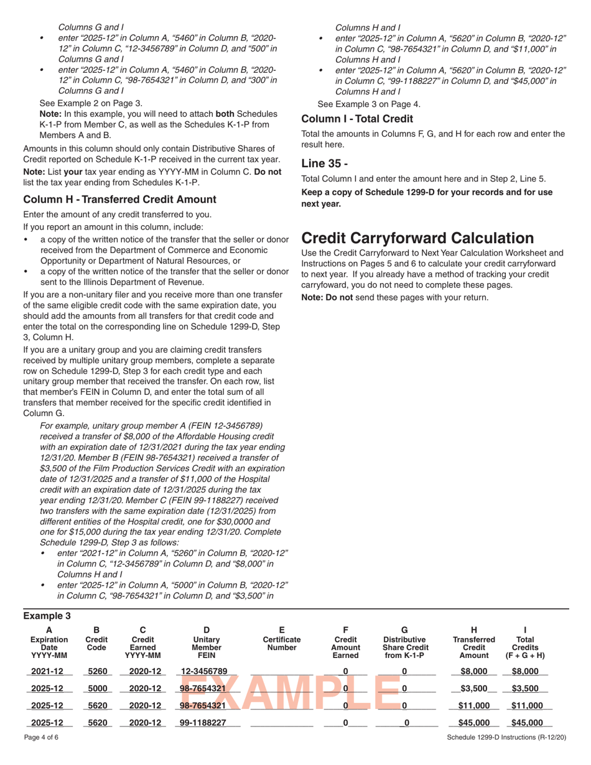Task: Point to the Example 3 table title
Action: [x=47, y=616]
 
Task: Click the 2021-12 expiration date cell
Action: [x=48, y=671]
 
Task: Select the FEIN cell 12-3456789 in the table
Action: [x=204, y=671]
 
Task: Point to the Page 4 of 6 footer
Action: [x=39, y=754]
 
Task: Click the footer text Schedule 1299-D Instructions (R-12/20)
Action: [x=506, y=754]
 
